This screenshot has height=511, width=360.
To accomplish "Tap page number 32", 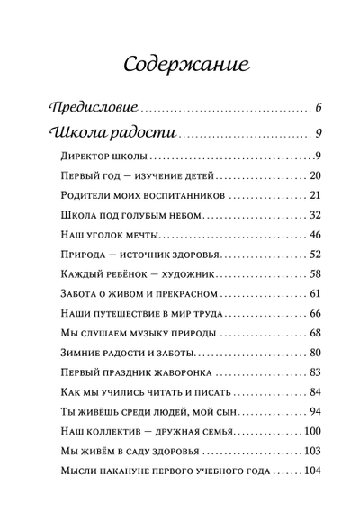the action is (x=314, y=214).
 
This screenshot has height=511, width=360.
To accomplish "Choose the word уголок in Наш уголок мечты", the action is (x=109, y=235).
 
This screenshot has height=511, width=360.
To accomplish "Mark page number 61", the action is (x=314, y=293).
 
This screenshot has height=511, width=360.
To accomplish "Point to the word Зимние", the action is (x=78, y=353).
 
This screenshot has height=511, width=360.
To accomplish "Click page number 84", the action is (x=314, y=392).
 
